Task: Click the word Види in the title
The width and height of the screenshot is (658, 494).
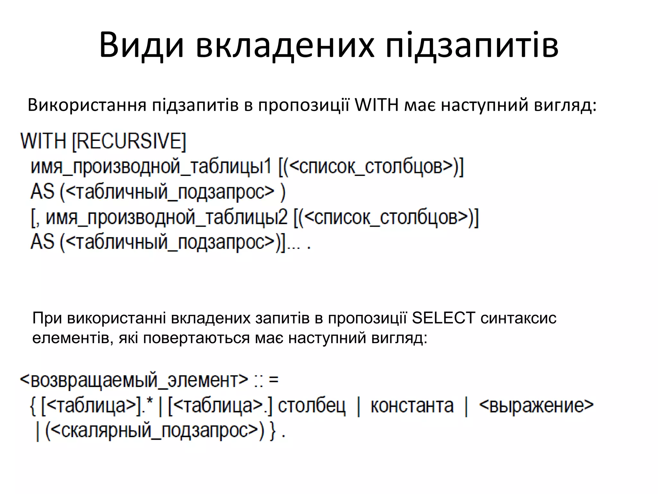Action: click(142, 45)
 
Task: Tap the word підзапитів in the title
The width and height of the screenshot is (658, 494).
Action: click(472, 45)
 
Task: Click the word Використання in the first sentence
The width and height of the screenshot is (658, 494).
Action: click(87, 105)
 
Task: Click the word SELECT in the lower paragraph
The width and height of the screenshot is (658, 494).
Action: click(443, 318)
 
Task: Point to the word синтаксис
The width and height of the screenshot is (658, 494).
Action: click(519, 318)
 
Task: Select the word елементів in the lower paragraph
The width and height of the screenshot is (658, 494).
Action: click(71, 338)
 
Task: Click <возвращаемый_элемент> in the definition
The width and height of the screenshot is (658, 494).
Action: click(134, 380)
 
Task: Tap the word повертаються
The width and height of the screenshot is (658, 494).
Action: click(196, 338)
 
